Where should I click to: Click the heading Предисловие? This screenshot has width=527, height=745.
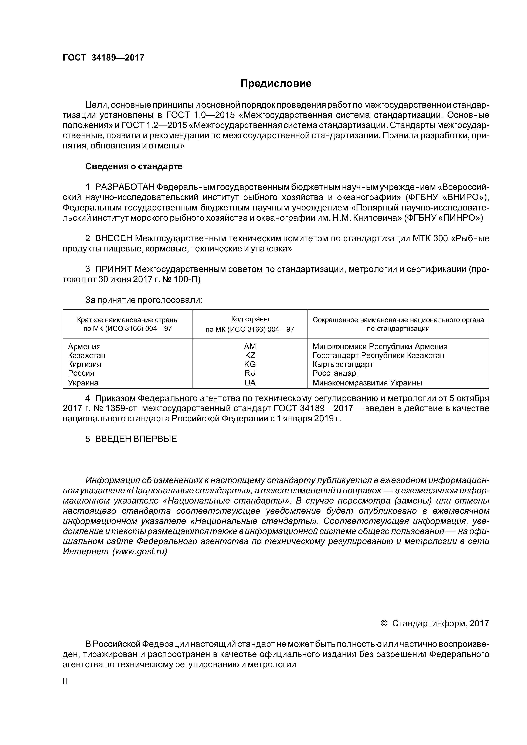coord(276,84)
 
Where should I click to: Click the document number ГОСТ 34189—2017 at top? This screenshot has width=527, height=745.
coord(103,58)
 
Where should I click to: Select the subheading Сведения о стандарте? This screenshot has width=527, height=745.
coord(133,166)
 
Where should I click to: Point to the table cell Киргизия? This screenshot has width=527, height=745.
coord(84,364)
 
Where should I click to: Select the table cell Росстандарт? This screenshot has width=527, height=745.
coord(336,373)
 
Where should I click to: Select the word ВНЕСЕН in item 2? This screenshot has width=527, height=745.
coord(114,238)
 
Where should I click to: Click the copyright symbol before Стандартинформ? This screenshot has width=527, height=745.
coord(384,623)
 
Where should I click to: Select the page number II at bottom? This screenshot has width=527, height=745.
coord(65,682)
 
